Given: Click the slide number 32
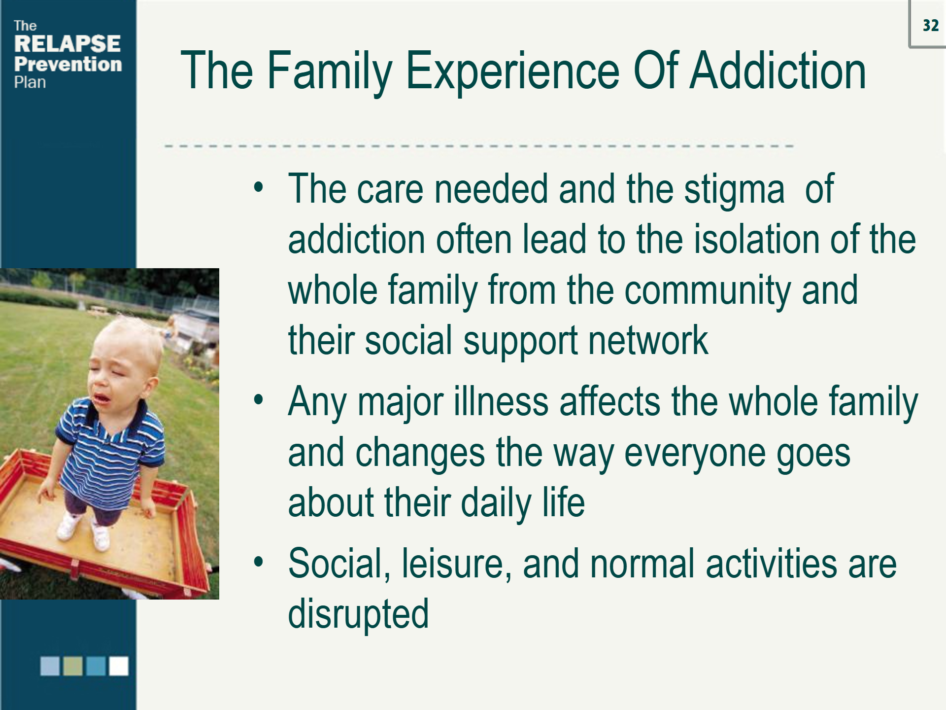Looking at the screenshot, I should pos(930,26).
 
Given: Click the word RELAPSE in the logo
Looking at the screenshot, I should pos(68,44).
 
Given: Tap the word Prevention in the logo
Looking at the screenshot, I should pos(68,64).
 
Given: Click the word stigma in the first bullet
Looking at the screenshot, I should pos(734,190).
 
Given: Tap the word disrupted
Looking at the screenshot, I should pos(358,615).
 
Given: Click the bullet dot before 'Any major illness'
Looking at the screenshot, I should pos(259,400).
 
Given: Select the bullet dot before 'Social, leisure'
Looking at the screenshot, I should pos(259,562).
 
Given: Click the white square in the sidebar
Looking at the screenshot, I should pos(119,666).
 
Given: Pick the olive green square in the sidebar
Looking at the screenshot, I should pos(73,666).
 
